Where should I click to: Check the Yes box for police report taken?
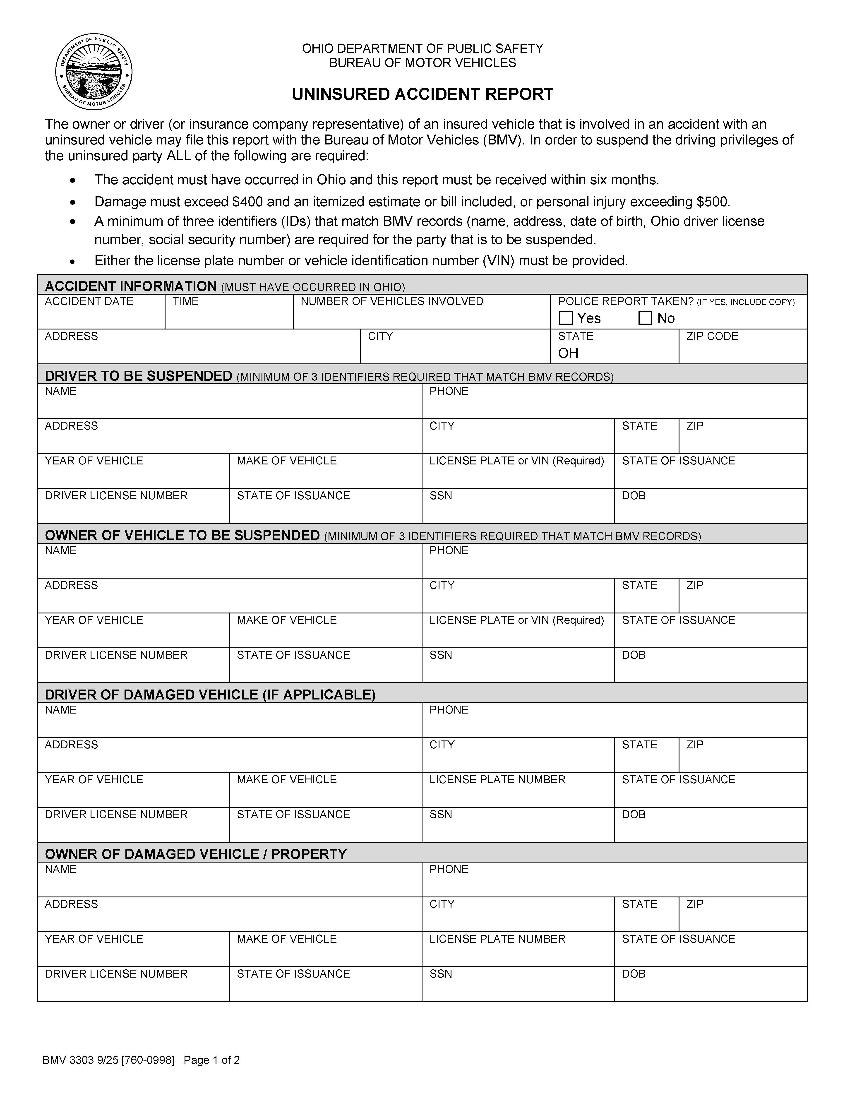[x=566, y=318]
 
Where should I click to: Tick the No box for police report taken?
[x=645, y=318]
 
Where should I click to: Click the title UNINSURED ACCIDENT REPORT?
[x=422, y=94]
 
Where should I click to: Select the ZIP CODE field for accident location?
[x=743, y=351]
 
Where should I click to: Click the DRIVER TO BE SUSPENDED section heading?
[x=139, y=376]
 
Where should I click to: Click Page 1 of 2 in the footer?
[x=212, y=1060]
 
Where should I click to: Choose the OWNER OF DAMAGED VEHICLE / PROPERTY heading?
[x=196, y=854]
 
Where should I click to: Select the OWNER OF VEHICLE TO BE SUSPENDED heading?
[x=182, y=536]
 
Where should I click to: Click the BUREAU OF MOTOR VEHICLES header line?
[x=422, y=63]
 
